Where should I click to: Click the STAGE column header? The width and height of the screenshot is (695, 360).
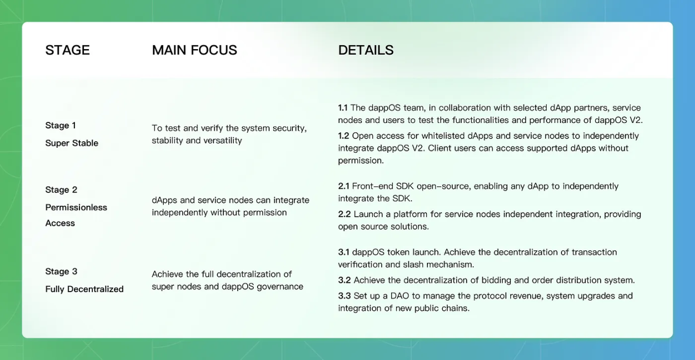pyautogui.click(x=67, y=50)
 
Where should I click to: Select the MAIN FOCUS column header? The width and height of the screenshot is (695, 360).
pyautogui.click(x=194, y=50)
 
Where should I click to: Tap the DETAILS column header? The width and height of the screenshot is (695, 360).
pyautogui.click(x=366, y=50)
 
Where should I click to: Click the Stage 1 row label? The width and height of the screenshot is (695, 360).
pyautogui.click(x=61, y=125)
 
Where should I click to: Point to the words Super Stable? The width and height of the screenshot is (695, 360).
pyautogui.click(x=72, y=143)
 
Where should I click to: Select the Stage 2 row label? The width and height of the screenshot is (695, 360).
pyautogui.click(x=61, y=190)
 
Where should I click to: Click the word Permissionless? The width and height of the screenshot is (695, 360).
pyautogui.click(x=76, y=207)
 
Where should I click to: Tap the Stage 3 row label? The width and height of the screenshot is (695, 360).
pyautogui.click(x=61, y=271)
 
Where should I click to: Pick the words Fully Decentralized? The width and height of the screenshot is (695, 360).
pyautogui.click(x=84, y=289)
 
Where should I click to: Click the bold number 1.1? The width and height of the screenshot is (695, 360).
pyautogui.click(x=343, y=108)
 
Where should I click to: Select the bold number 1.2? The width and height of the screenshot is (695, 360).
pyautogui.click(x=344, y=136)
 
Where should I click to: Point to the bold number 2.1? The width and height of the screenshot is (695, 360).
pyautogui.click(x=344, y=186)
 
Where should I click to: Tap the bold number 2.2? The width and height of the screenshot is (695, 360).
pyautogui.click(x=344, y=214)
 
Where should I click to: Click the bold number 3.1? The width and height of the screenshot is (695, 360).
pyautogui.click(x=344, y=252)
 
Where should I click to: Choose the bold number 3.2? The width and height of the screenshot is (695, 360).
pyautogui.click(x=344, y=280)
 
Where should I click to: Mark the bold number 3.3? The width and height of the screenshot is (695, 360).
pyautogui.click(x=344, y=296)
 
